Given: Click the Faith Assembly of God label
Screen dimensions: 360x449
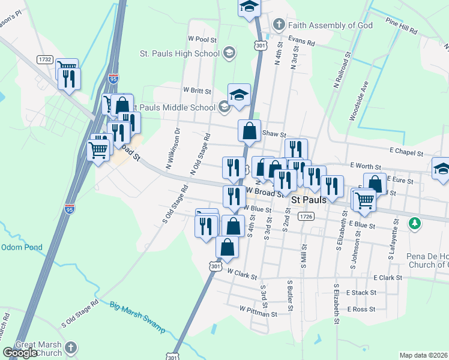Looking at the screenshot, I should point(330,25).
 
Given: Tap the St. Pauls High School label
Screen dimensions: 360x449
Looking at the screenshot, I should point(179,53).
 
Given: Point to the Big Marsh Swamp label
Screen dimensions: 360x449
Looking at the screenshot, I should point(138,314).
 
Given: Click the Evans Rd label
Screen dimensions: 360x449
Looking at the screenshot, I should point(301,43).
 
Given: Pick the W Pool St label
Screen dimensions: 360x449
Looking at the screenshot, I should point(202,38).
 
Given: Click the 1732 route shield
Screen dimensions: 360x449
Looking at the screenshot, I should point(44,59).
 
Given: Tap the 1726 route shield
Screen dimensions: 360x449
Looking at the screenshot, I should point(306,216).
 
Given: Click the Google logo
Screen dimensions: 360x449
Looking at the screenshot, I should point(20,353).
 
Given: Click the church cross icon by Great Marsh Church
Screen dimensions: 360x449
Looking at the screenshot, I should point(71,347).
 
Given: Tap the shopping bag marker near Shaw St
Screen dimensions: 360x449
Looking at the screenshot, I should point(249,130).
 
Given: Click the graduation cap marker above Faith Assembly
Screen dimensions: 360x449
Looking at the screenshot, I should point(248,7).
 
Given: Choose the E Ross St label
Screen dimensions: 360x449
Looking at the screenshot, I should point(361,309).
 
